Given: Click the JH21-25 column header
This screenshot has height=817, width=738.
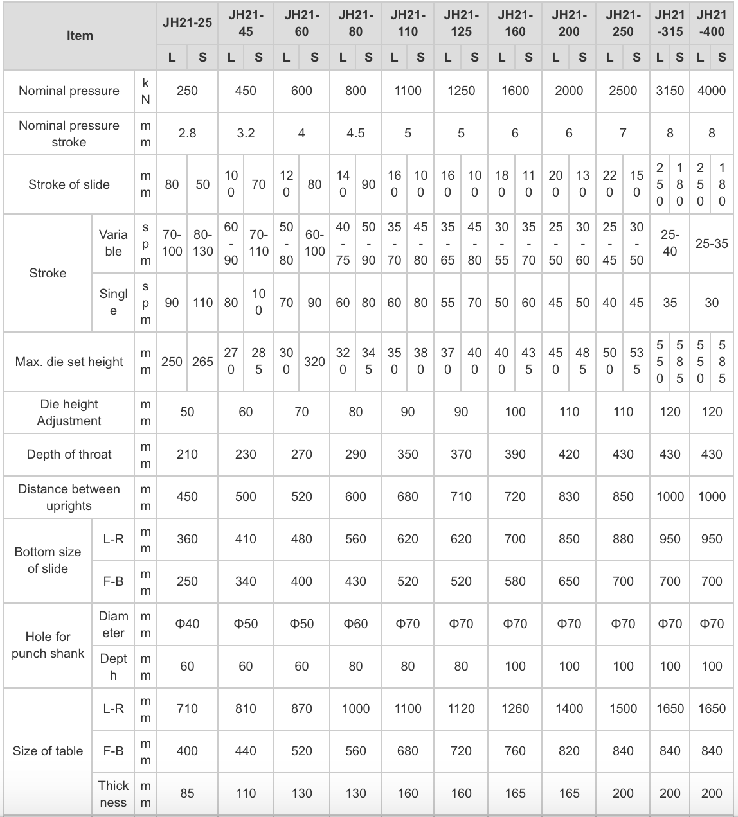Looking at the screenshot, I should (187, 22).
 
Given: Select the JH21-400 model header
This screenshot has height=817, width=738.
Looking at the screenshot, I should (712, 22).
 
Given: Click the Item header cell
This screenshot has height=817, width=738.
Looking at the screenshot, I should (80, 35).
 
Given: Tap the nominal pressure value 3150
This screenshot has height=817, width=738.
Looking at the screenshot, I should (670, 91).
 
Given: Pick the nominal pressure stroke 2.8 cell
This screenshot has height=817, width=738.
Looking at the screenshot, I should (187, 133).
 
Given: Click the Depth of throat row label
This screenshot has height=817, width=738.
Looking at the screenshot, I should (69, 454).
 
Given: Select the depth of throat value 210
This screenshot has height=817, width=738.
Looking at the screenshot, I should (187, 454).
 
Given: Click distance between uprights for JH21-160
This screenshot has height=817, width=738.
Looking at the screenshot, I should (515, 496).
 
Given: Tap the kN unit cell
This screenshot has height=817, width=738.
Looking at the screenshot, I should (146, 91).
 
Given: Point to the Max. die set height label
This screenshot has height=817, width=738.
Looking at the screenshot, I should (69, 362).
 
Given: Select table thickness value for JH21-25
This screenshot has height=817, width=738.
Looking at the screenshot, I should (187, 793).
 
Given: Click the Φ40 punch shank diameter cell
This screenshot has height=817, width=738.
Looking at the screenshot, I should (187, 624).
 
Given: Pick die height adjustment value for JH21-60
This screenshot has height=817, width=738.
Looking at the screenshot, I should (301, 412).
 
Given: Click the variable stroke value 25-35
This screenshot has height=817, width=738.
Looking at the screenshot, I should (712, 243).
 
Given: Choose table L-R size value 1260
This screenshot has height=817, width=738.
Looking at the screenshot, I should (515, 708).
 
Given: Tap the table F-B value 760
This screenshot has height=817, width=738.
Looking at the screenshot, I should (515, 751).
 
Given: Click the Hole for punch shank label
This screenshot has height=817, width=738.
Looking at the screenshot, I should (48, 645).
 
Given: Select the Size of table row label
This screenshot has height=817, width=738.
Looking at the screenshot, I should (48, 751).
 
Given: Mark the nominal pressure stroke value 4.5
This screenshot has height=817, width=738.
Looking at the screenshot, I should (355, 133).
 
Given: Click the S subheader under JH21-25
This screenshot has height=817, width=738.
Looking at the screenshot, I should (203, 57).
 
